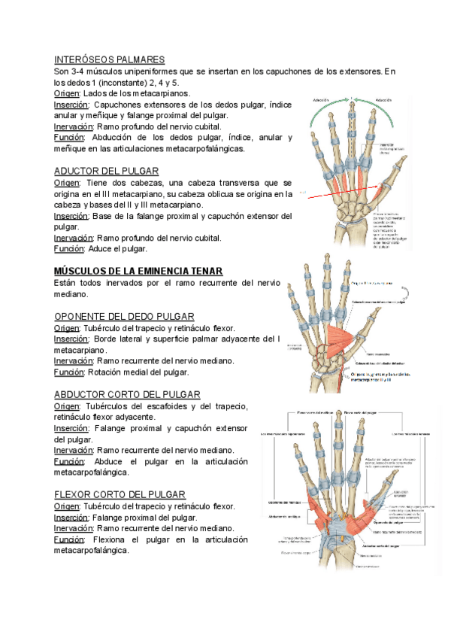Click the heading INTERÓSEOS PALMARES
[x=109, y=59]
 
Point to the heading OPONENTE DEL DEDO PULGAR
[x=125, y=316]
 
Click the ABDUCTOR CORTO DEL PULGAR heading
[x=127, y=394]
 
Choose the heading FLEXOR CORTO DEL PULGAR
[x=120, y=494]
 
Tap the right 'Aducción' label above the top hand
[x=383, y=99]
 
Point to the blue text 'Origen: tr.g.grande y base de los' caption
[x=382, y=374]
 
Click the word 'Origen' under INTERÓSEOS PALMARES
[x=65, y=93]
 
